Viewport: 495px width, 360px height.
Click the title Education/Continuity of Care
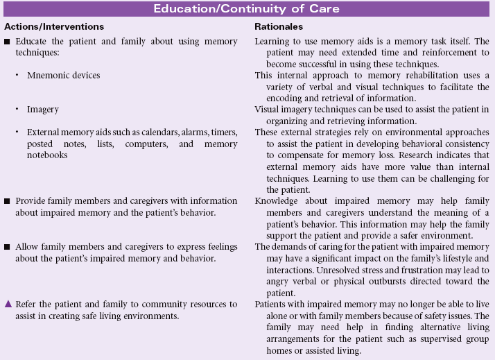pyautogui.click(x=247, y=9)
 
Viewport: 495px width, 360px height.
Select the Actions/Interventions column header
pyautogui.click(x=54, y=26)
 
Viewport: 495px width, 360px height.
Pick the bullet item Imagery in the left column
pyautogui.click(x=43, y=110)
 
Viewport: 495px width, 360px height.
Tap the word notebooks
pyautogui.click(x=46, y=155)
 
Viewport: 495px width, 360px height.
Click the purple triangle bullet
pyautogui.click(x=8, y=304)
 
